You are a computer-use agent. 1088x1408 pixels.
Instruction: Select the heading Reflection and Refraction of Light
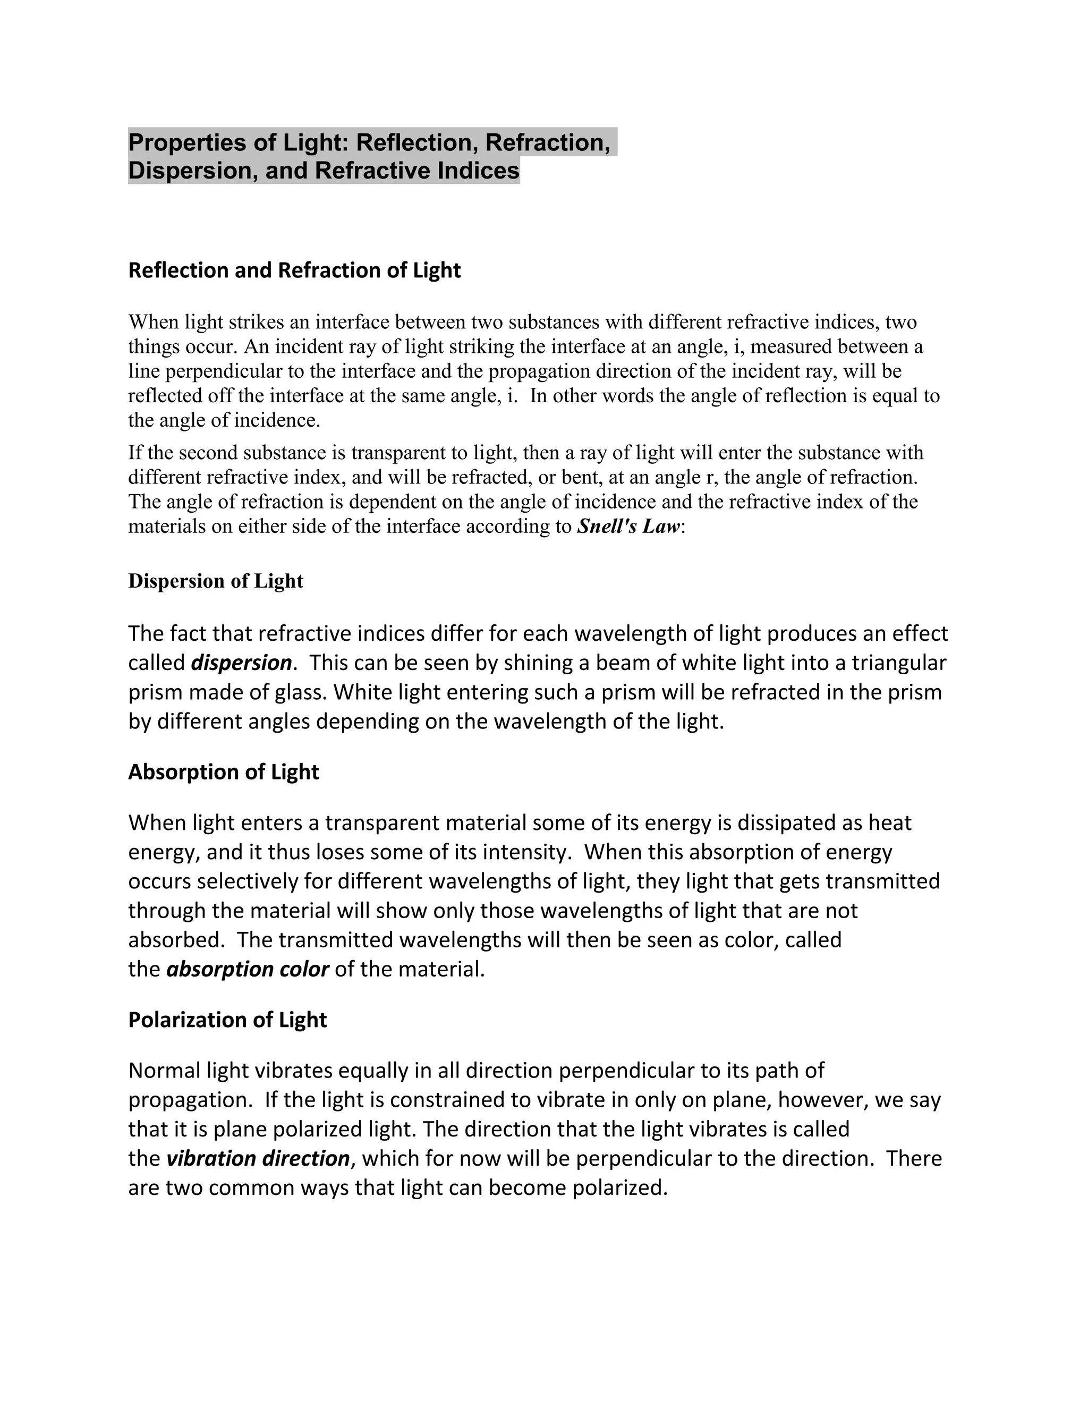[294, 270]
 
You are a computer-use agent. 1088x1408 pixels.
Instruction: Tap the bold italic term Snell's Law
[628, 527]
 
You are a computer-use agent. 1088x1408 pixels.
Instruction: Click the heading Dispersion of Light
[215, 581]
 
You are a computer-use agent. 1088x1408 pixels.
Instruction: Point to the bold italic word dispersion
[242, 663]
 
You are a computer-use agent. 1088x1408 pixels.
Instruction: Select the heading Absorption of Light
[223, 771]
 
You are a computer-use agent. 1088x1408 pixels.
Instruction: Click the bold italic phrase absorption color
[248, 969]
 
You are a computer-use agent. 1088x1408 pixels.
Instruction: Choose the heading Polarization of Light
[227, 1019]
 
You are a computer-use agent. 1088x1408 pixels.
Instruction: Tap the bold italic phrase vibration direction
[258, 1158]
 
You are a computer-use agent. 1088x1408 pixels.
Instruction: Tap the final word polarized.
[620, 1188]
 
